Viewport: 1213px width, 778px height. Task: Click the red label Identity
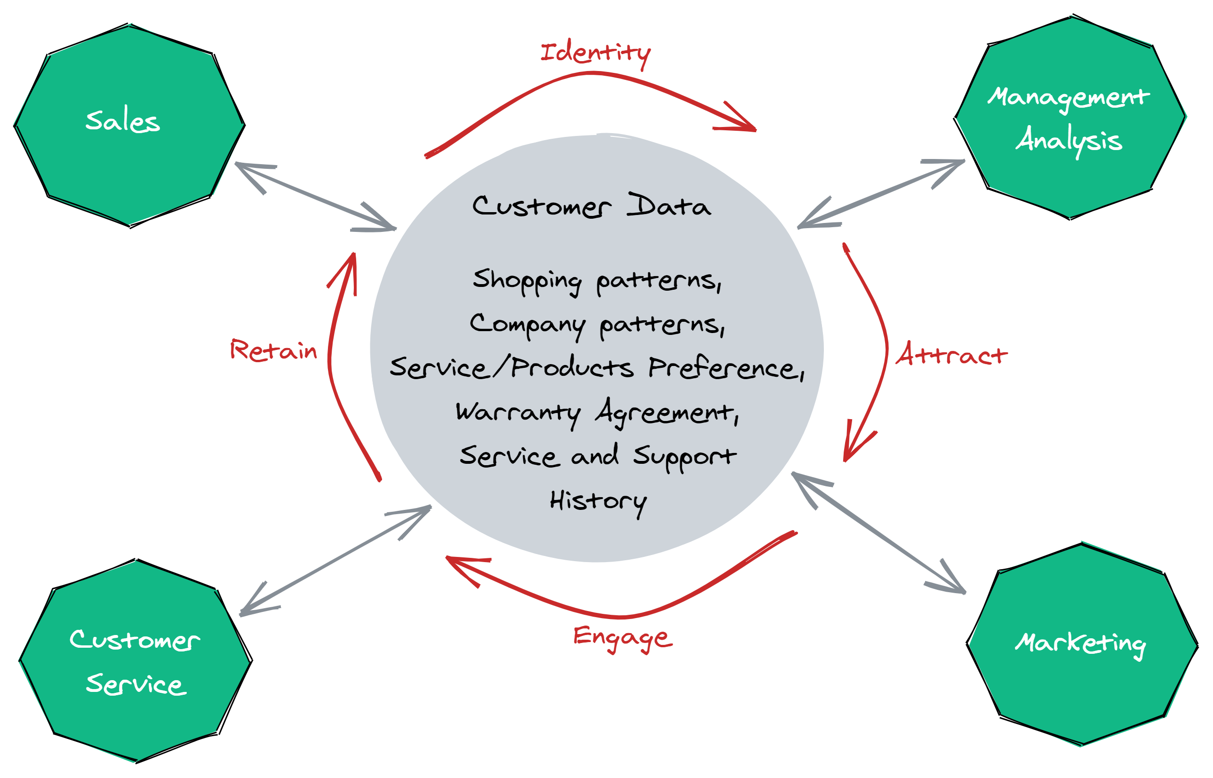(595, 53)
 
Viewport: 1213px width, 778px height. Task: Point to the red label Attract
(951, 355)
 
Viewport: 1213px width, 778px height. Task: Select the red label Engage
(622, 637)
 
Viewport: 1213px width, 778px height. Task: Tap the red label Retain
(273, 350)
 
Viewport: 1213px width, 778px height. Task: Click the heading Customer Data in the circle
(591, 206)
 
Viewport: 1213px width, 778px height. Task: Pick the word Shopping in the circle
(527, 281)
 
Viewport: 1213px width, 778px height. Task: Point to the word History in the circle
(598, 502)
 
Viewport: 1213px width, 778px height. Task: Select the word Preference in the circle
(726, 368)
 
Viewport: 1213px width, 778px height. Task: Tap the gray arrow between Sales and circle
(316, 196)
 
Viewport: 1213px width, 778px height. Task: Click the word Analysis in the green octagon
(1069, 140)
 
